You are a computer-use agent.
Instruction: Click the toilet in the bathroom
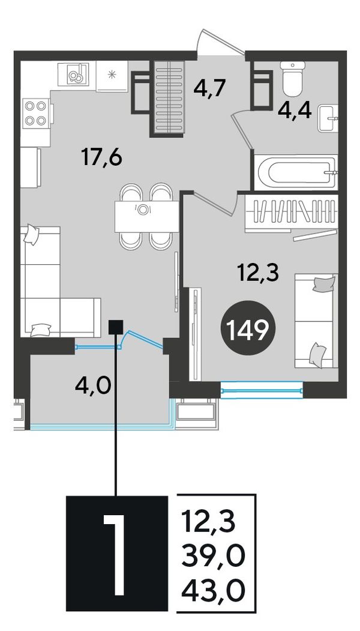point(293,77)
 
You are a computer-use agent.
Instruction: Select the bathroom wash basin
point(328,118)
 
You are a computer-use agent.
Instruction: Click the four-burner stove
point(35,113)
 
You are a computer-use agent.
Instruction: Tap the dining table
point(146,217)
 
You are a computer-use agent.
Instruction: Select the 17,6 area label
point(101,157)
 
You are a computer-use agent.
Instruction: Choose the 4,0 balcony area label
point(92,386)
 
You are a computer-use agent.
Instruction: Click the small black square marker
point(116,327)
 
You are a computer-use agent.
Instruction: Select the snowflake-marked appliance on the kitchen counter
point(112,76)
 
